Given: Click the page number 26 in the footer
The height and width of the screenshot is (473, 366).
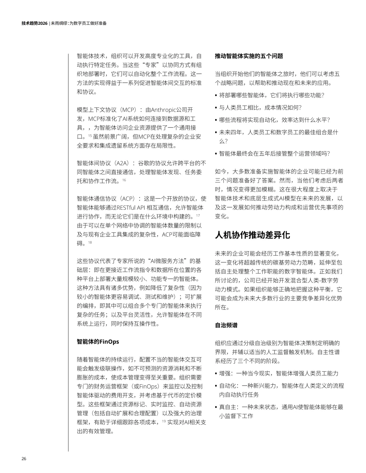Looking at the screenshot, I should (24, 459).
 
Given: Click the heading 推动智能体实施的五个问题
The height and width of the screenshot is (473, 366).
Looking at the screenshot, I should (249, 56).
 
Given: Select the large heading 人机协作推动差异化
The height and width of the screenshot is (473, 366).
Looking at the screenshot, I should (252, 235).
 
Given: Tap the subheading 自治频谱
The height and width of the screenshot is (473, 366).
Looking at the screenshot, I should (226, 325).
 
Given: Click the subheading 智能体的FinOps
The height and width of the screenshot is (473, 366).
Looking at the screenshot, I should (98, 342).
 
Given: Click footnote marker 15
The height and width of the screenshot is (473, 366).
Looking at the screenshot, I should (90, 136).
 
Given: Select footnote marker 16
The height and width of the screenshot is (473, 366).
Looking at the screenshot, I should (124, 180).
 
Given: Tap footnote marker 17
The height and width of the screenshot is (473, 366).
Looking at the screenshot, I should (198, 216).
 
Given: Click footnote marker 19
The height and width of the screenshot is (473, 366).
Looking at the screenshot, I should (164, 421).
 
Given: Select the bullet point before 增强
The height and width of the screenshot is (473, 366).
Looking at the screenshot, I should (216, 373).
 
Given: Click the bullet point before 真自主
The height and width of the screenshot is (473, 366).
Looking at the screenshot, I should (216, 407).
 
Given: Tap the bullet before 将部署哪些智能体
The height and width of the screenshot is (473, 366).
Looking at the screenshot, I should (216, 95).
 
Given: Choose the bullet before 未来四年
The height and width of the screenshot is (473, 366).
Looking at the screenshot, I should (216, 132).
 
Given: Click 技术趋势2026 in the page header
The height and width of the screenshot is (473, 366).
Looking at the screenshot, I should (34, 23).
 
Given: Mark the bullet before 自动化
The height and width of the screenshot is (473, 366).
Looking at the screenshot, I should (216, 386).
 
